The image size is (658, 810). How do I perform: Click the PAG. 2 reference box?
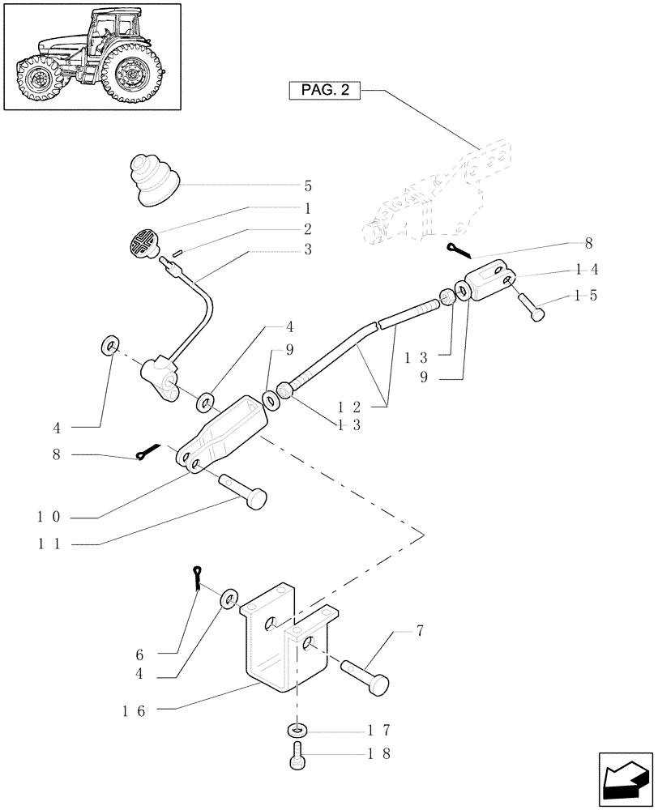point(323,91)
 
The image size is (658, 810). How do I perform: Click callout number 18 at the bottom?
point(379,753)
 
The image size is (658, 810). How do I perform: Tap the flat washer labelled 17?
point(297,730)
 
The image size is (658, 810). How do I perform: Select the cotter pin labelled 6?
point(199,578)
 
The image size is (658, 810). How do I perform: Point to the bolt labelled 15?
point(534,309)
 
